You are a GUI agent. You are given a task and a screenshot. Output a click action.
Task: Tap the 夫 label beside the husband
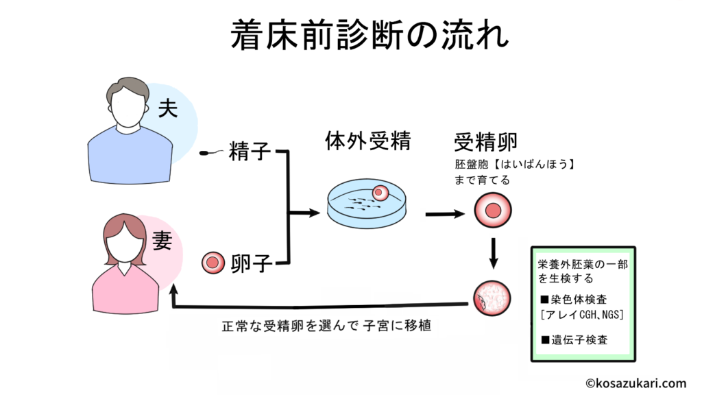point(168,108)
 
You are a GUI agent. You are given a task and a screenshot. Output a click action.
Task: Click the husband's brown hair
point(128,91)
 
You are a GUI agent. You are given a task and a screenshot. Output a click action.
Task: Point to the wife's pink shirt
point(123,288)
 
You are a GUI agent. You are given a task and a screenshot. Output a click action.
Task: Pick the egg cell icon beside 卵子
point(213,262)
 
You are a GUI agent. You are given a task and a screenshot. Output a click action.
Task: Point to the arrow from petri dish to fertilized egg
point(445,215)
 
